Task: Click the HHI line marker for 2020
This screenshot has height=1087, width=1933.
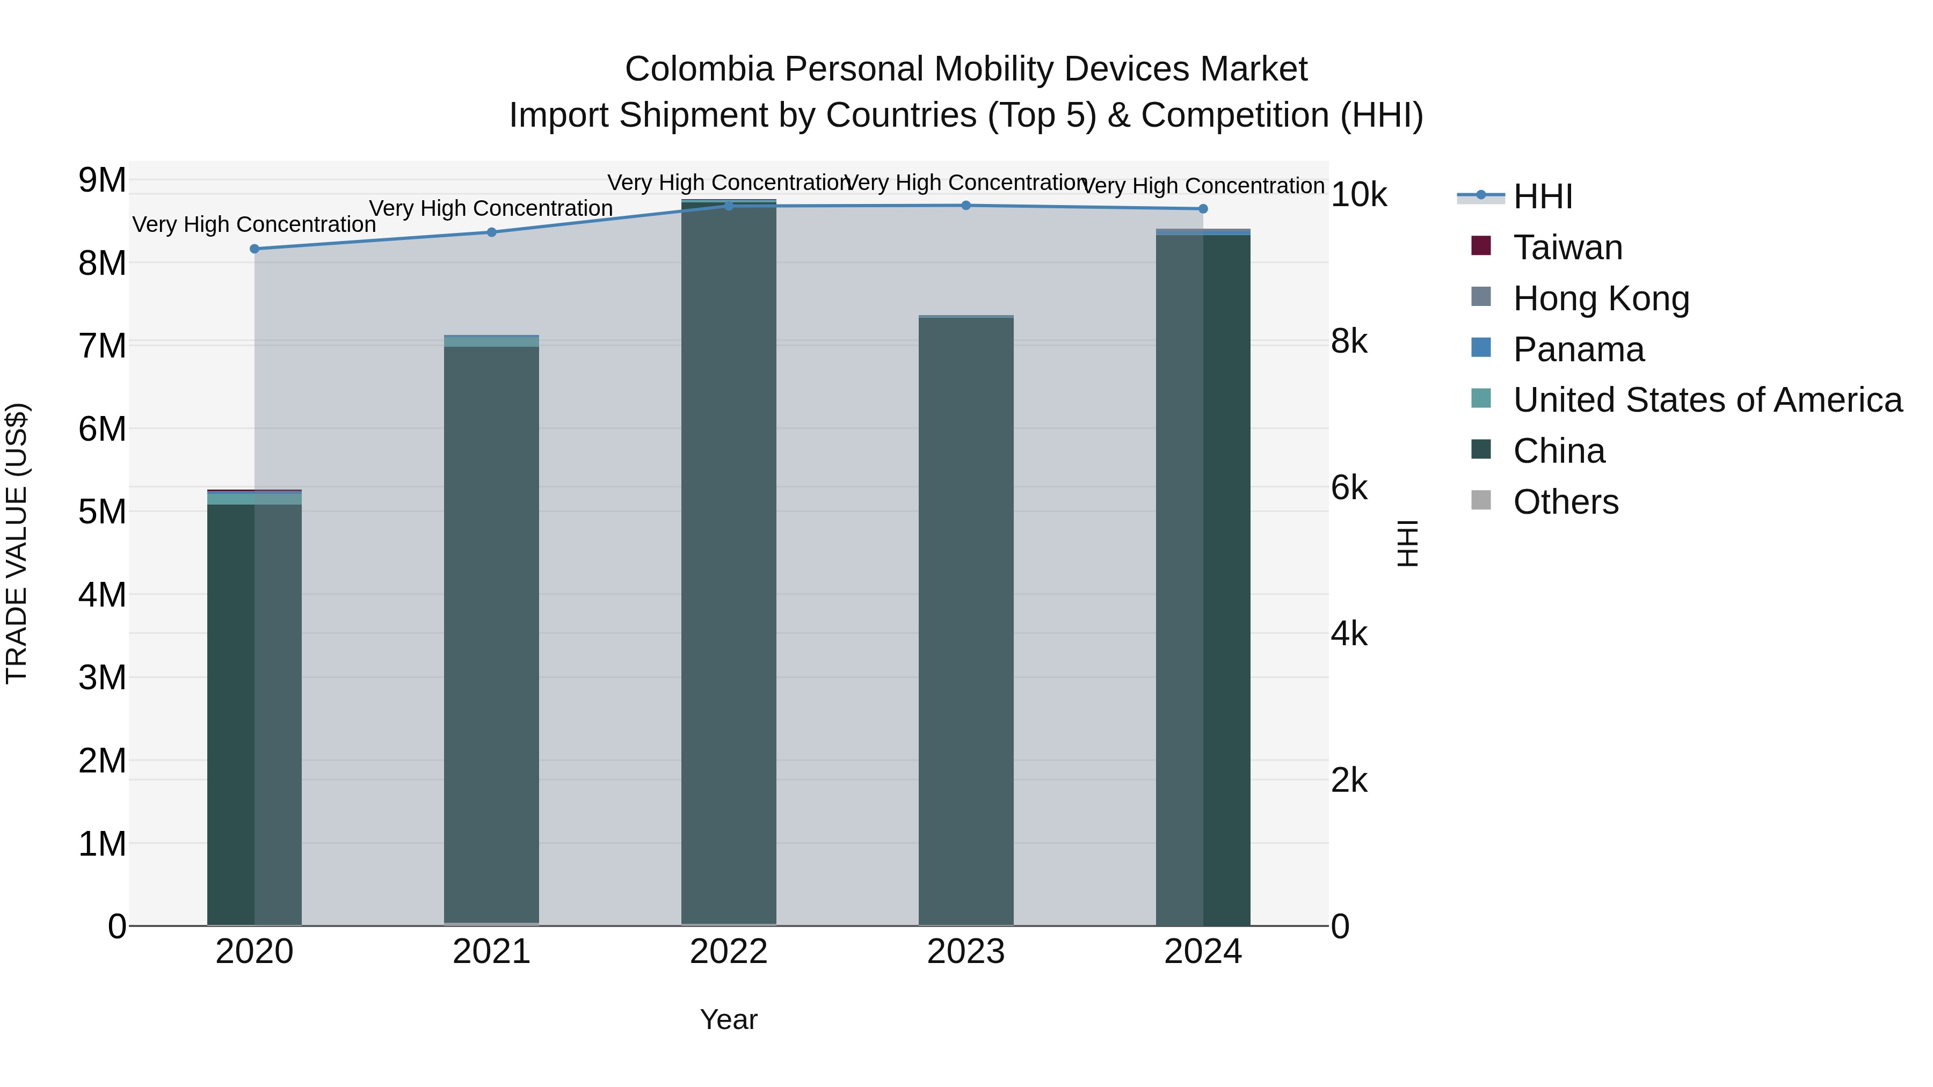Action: (x=255, y=249)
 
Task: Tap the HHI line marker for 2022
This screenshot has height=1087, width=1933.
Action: (x=729, y=206)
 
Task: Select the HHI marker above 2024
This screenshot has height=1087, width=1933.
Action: (x=1203, y=209)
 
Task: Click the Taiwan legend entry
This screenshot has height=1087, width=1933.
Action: (x=1567, y=247)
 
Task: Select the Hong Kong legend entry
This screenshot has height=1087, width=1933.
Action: (x=1601, y=298)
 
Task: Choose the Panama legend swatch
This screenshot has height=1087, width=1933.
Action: (x=1481, y=348)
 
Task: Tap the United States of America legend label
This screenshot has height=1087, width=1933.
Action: (x=1707, y=400)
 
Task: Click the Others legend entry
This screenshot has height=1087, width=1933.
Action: (x=1565, y=502)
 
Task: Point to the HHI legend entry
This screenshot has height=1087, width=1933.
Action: (x=1542, y=196)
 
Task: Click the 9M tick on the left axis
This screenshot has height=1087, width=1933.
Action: (x=102, y=180)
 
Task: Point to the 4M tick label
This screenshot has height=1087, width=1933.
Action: (x=102, y=595)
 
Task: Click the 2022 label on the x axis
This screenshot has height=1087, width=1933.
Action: (x=729, y=952)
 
